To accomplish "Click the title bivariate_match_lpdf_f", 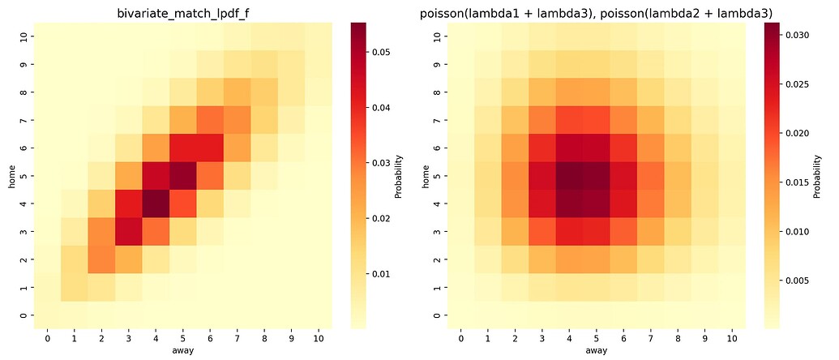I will tap(181, 12).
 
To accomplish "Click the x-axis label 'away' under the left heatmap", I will tap(181, 351).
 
